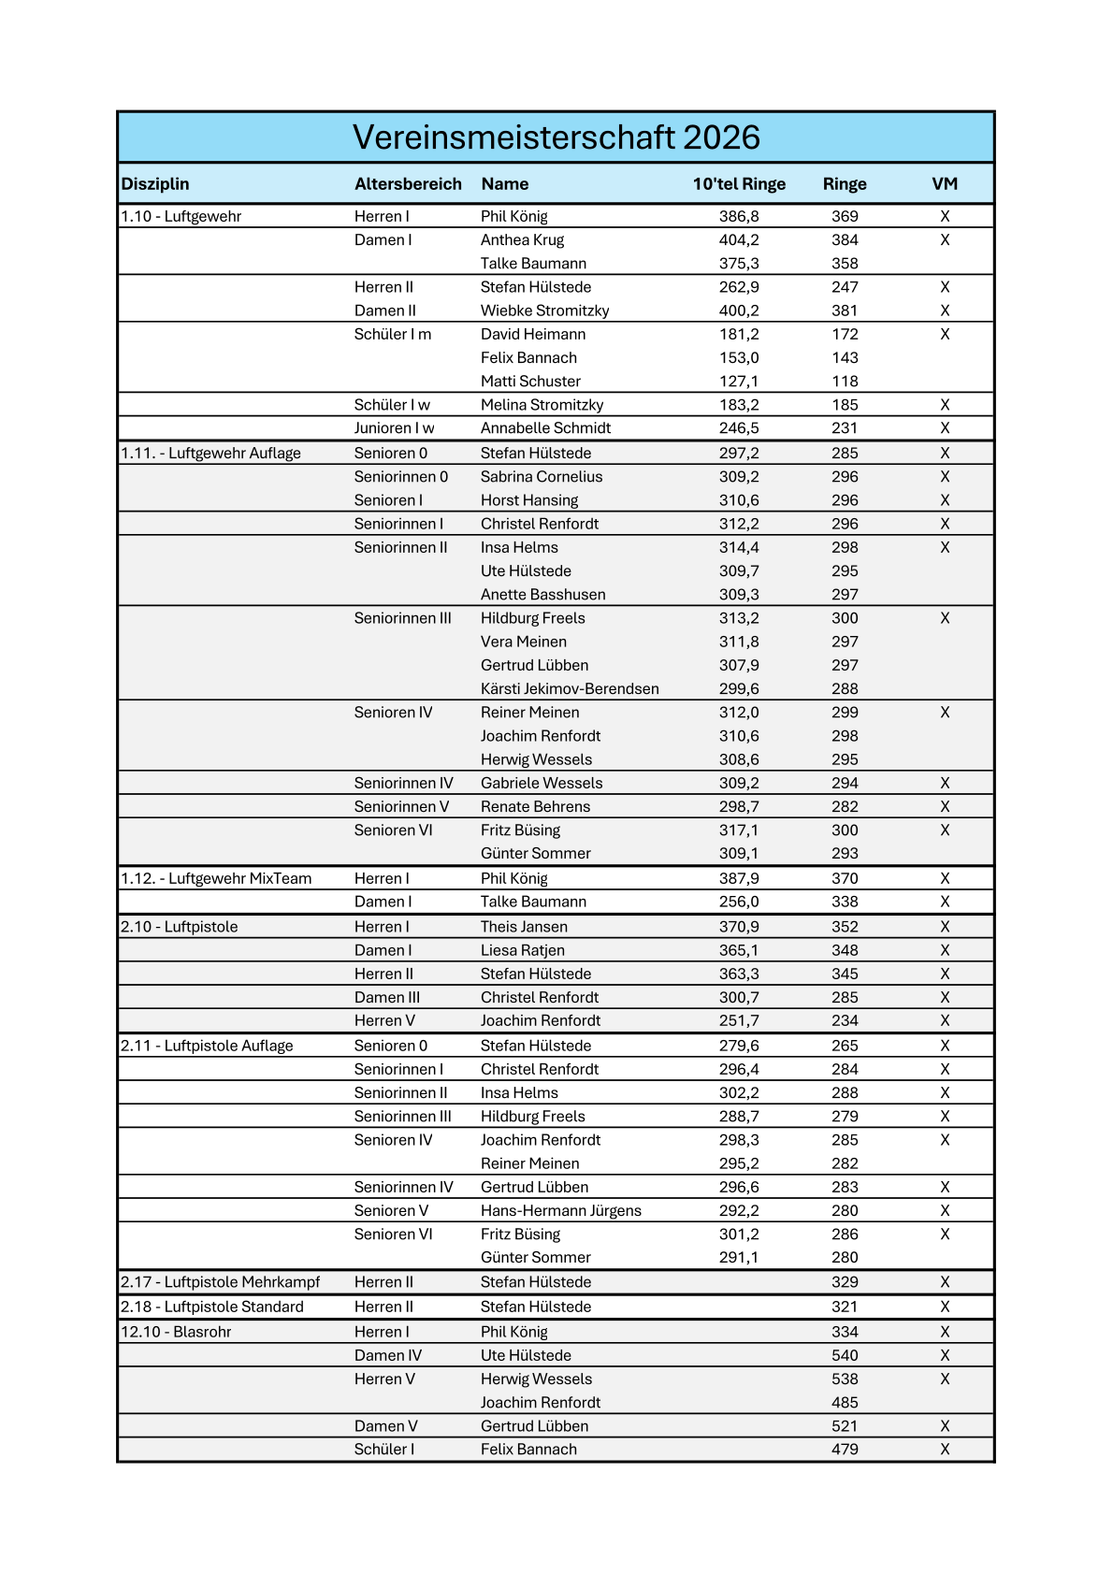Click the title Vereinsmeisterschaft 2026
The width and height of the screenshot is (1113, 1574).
(556, 137)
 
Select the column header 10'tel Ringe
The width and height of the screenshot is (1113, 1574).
(739, 184)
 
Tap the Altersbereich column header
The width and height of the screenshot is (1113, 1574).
(408, 184)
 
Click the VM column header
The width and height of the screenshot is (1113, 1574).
(945, 184)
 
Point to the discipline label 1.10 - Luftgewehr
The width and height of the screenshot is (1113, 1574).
(181, 217)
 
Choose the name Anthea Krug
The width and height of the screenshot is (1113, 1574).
(522, 240)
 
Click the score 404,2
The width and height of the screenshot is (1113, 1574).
(739, 240)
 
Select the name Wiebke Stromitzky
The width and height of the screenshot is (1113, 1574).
(544, 310)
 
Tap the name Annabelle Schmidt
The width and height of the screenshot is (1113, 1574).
(545, 428)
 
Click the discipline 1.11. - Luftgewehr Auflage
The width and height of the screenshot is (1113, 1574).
(211, 454)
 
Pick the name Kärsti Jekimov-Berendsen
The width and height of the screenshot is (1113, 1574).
(570, 689)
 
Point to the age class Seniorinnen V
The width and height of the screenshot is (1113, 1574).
(401, 807)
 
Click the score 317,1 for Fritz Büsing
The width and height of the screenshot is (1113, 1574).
(739, 830)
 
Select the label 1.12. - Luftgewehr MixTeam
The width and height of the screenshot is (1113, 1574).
(216, 879)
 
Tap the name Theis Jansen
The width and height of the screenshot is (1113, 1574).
(524, 927)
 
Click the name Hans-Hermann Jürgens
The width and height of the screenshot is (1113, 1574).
(561, 1211)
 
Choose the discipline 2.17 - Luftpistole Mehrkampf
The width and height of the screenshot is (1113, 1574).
(221, 1282)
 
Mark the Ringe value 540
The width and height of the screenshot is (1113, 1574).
(845, 1356)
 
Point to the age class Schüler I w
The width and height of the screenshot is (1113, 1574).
(392, 405)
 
